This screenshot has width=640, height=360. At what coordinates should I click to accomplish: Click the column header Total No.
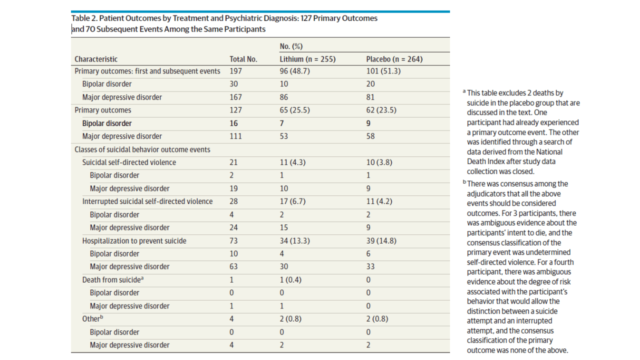coord(243,59)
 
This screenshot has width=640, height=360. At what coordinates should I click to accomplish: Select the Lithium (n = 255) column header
coord(307,59)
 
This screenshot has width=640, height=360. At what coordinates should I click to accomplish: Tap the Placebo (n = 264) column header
coord(394,59)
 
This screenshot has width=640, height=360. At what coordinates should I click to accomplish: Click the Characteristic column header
coord(96,59)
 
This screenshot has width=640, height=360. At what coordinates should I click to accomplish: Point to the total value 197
coord(235,71)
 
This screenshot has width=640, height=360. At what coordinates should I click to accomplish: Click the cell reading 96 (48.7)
coord(294,71)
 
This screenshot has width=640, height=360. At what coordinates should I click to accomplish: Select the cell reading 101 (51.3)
coord(383,71)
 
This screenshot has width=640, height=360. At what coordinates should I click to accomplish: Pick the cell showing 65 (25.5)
coord(294,110)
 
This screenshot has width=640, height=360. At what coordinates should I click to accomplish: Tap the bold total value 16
coord(233,123)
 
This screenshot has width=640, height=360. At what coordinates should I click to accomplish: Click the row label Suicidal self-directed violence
coord(129,162)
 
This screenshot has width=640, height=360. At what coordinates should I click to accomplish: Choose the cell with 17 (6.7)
coord(292,201)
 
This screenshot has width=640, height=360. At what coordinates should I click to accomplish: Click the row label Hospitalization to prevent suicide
coord(134,241)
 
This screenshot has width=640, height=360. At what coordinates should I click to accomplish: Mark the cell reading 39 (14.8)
coord(381,241)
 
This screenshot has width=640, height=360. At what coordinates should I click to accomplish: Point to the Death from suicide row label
coord(113,279)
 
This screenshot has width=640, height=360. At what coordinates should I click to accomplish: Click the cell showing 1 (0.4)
coord(290,279)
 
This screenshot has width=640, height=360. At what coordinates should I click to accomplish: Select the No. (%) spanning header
coord(291,46)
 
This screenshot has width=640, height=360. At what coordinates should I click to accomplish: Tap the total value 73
coord(233,241)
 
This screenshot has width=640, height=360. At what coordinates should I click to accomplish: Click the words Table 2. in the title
coord(84,18)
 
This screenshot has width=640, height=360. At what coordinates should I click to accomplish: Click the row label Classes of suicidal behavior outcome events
coord(142,149)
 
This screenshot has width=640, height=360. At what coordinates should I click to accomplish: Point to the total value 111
coord(235,136)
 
